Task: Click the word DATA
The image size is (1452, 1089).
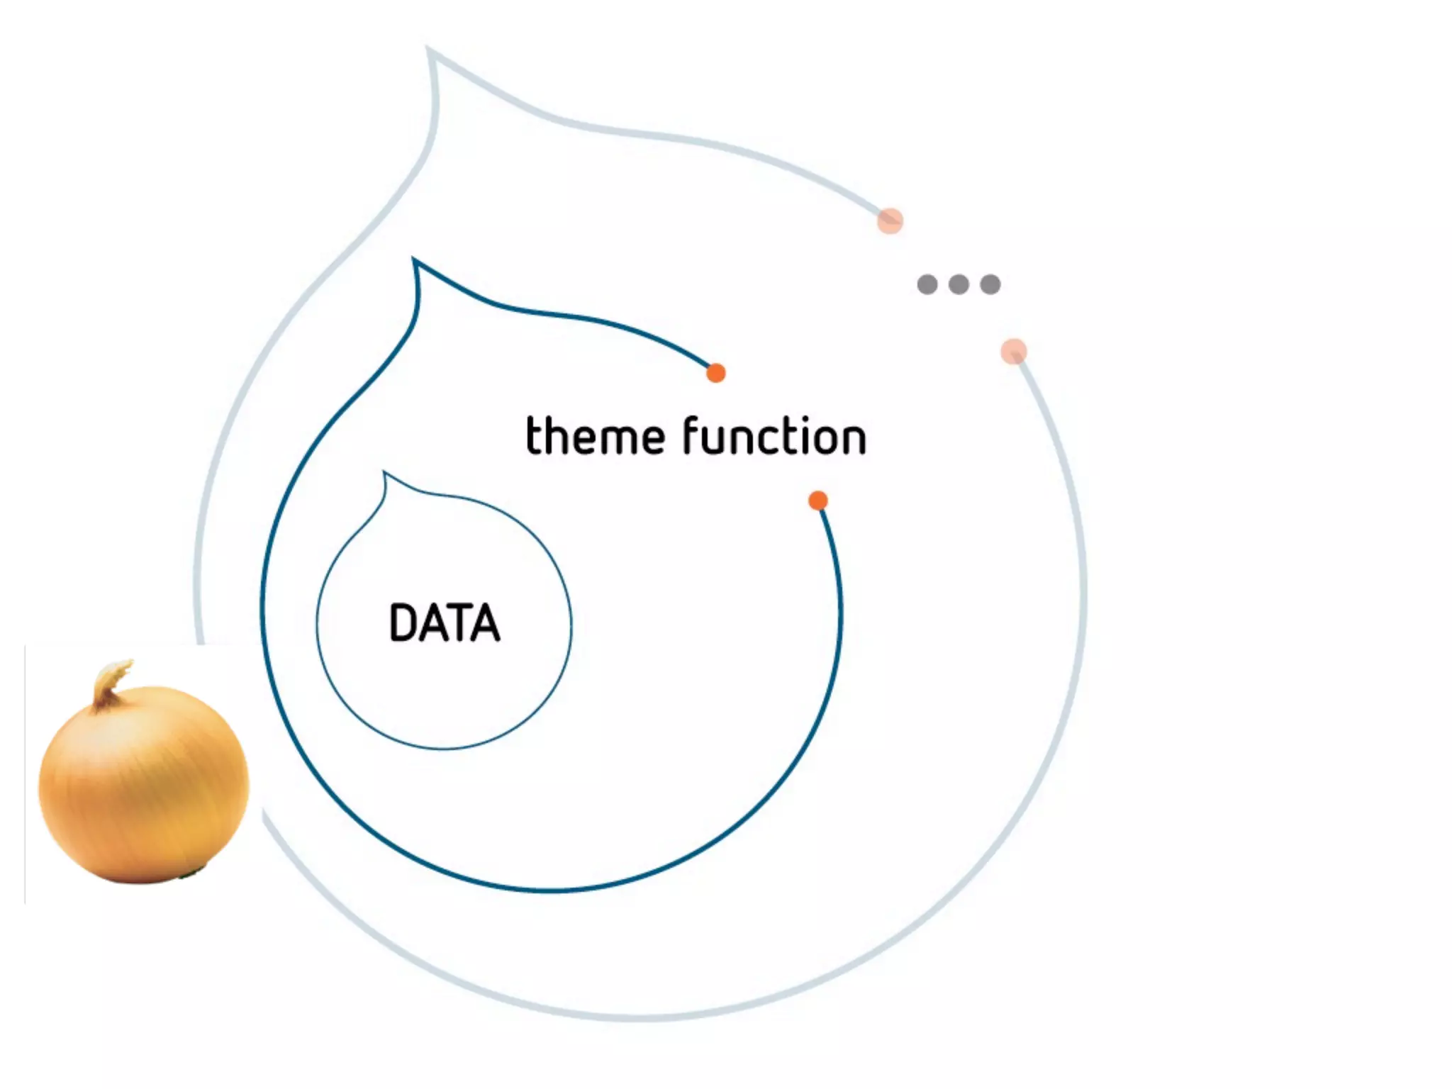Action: [x=445, y=623]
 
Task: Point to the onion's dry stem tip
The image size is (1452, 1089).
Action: [x=121, y=667]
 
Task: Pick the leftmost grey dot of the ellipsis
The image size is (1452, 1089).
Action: [x=927, y=284]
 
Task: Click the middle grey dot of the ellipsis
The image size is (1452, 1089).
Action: [x=959, y=284]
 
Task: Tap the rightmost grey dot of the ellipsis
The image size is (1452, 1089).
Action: [x=990, y=284]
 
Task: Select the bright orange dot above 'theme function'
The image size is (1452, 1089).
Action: [x=716, y=373]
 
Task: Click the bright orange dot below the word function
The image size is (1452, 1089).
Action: [x=818, y=501]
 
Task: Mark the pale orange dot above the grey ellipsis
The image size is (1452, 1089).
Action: [x=890, y=221]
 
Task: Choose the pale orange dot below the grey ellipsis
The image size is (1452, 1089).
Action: [x=1014, y=351]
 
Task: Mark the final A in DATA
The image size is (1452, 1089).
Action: [x=485, y=623]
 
